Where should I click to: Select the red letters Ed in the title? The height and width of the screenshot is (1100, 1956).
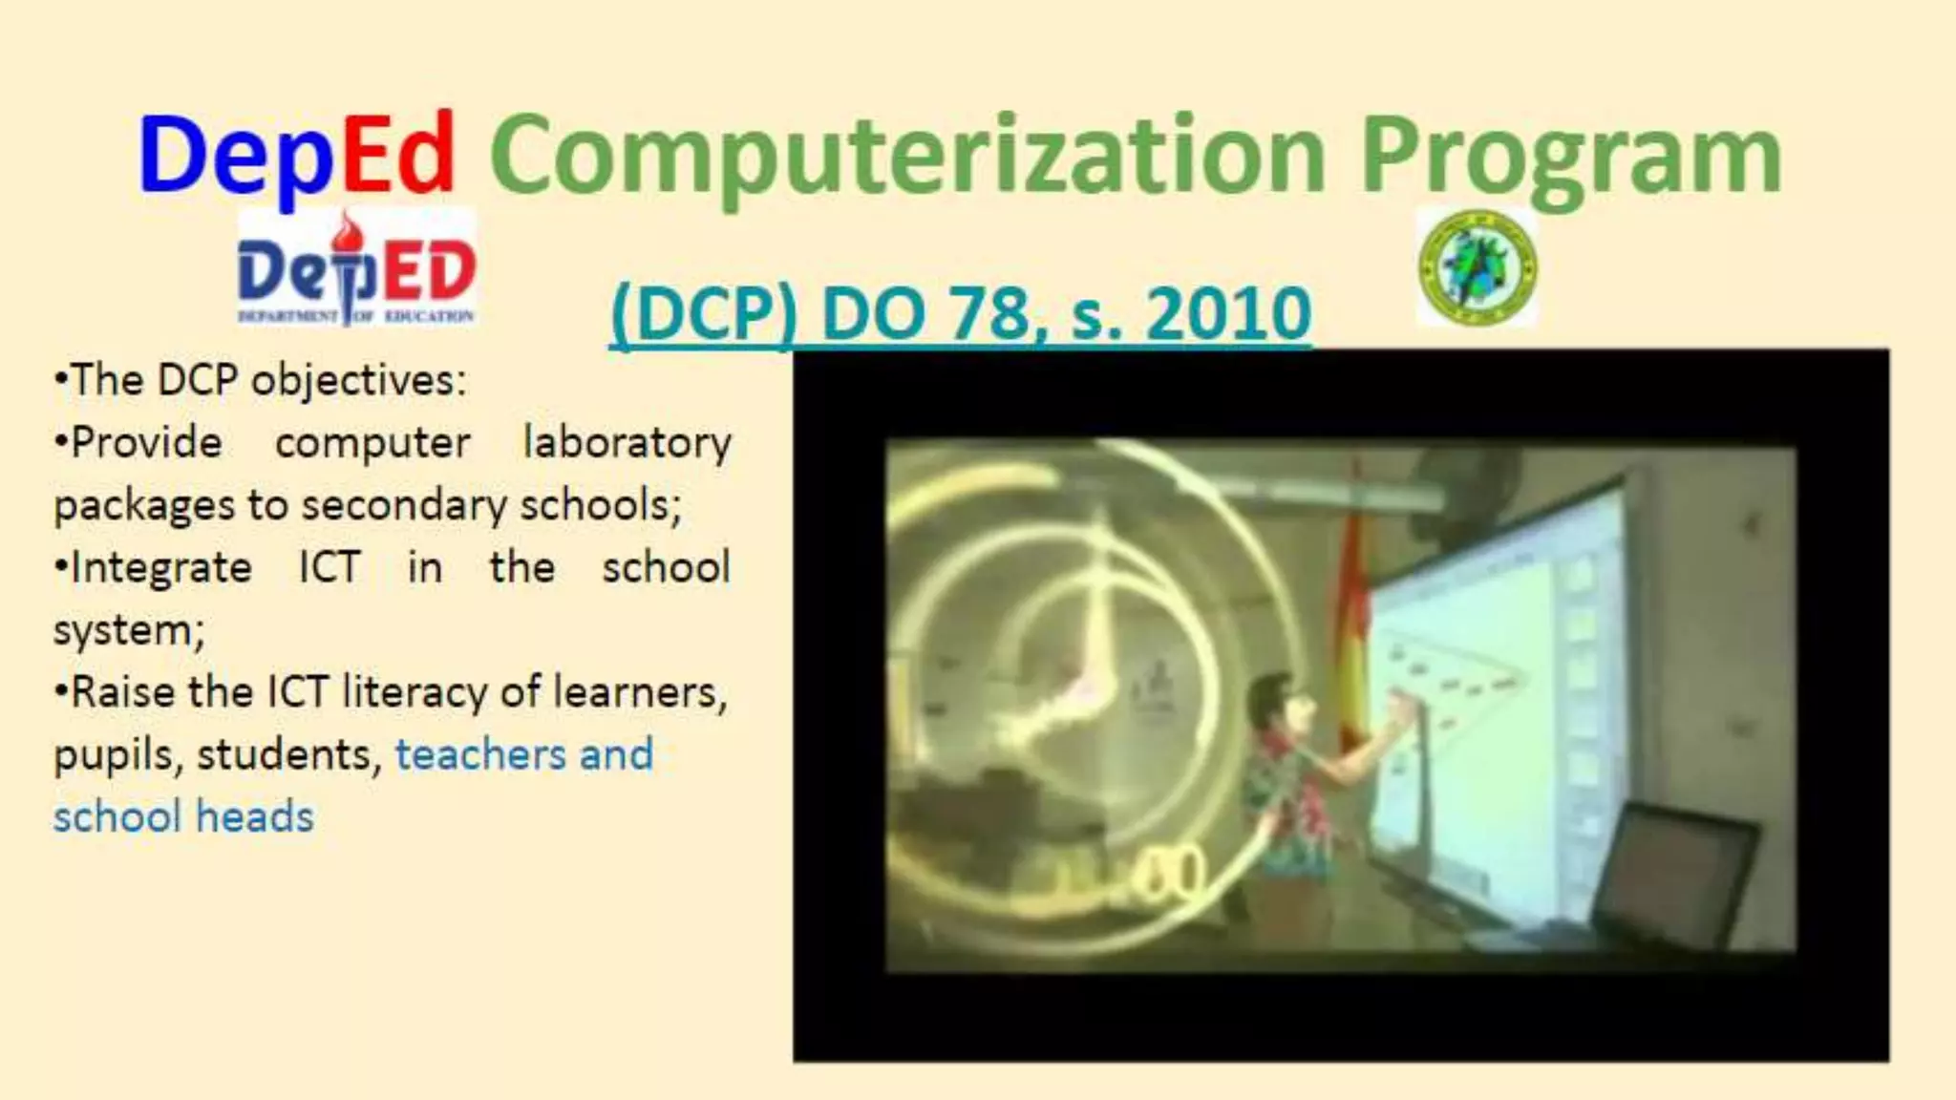coord(397,153)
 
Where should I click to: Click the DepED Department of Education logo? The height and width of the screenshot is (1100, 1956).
coord(356,268)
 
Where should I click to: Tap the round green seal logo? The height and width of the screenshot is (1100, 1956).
coord(1478,268)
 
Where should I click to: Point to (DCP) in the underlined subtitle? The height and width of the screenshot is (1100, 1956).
coord(703,313)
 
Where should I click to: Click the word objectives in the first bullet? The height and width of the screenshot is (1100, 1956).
coord(358,381)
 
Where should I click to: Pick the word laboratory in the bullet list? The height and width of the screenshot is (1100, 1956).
coord(627,443)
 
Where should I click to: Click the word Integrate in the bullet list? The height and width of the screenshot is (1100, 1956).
coord(161,568)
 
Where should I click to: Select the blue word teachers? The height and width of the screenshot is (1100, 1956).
coord(481,754)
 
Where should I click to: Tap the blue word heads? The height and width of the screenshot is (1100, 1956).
coord(255,817)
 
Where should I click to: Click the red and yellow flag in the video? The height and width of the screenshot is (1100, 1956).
coord(1351,611)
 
